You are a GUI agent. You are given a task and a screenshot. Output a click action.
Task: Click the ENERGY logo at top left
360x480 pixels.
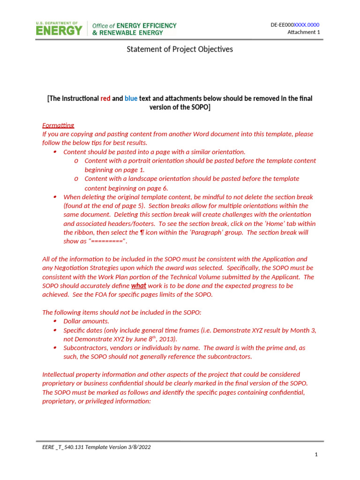[x=59, y=29]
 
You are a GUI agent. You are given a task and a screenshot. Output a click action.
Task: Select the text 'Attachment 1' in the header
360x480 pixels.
[x=303, y=32]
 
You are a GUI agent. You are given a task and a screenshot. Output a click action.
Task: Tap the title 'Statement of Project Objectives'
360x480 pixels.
[x=180, y=49]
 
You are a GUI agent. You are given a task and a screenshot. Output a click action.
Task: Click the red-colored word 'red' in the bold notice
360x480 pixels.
[x=105, y=98]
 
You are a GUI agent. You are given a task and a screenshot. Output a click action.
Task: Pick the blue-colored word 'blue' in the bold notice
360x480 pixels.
[x=131, y=98]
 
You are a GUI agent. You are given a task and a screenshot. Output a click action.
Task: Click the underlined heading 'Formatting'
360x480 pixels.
[x=58, y=125]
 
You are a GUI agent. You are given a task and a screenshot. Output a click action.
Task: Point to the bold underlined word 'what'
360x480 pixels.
[x=138, y=285]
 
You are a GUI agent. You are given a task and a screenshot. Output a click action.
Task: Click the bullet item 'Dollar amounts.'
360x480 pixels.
[x=86, y=321]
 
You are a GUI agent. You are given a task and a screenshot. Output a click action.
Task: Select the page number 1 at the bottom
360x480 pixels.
[x=316, y=455]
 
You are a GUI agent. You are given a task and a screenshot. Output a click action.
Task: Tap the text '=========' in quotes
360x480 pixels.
[x=108, y=241]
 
